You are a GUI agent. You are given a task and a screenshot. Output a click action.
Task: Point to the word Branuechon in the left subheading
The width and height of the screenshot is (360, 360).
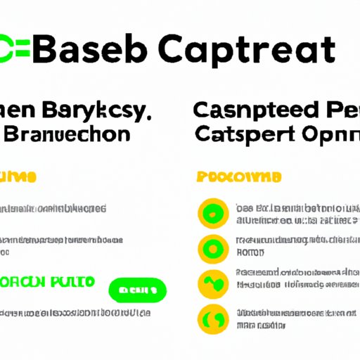pos(67,134)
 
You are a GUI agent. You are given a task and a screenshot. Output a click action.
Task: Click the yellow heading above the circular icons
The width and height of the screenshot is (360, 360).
pos(239,176)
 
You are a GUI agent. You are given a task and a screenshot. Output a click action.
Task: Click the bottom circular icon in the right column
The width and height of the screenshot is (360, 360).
pos(212,318)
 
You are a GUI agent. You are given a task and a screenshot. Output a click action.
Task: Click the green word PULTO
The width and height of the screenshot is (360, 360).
pos(71,283)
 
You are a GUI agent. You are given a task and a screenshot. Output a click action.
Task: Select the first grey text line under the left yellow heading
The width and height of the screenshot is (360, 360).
pos(53,209)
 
